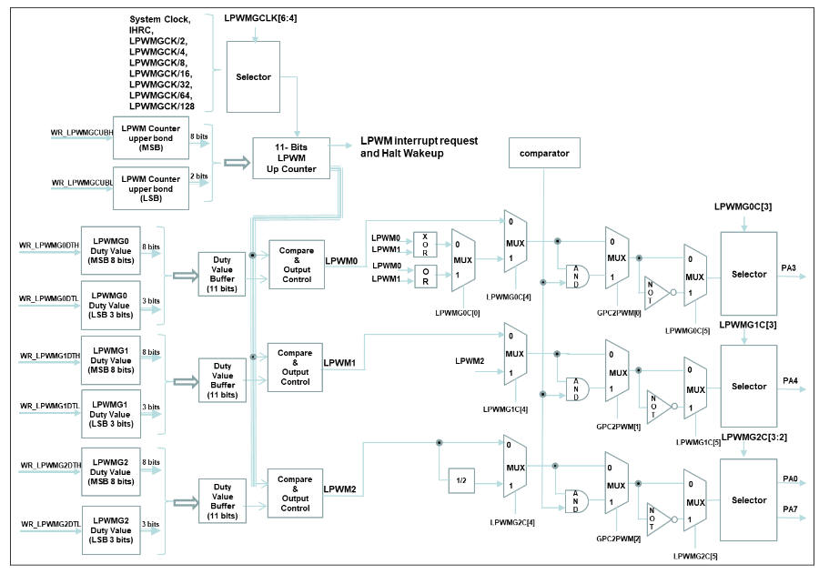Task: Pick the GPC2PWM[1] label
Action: click(616, 425)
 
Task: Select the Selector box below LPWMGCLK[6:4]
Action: click(252, 77)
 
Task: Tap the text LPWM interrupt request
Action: click(419, 141)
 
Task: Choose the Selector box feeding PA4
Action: click(749, 386)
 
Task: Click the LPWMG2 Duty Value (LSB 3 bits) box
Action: click(110, 530)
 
